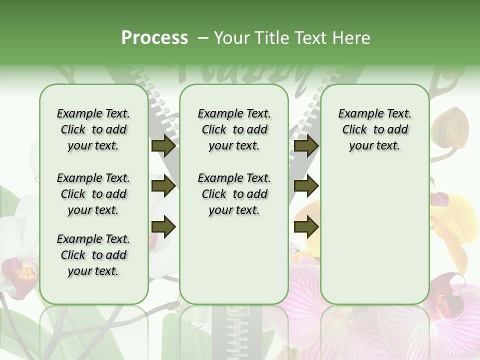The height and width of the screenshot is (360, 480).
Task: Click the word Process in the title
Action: point(154,38)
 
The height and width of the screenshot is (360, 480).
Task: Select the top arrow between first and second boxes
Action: point(163,146)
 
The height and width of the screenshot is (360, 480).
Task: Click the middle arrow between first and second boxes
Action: point(163,186)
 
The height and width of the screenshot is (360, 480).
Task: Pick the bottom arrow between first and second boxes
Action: point(163,227)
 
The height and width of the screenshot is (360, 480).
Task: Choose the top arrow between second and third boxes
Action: point(306,146)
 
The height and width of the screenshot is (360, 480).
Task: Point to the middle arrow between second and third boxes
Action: point(306,186)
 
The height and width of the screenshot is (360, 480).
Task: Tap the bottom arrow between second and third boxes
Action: point(306,227)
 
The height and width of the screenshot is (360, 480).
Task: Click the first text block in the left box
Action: point(93,129)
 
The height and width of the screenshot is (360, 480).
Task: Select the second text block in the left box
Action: point(93,194)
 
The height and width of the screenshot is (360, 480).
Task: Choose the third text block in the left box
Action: point(93,255)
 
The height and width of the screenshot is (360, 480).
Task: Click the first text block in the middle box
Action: point(234,129)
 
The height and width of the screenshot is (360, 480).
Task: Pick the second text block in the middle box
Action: point(234,194)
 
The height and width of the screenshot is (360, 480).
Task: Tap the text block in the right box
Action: point(374,129)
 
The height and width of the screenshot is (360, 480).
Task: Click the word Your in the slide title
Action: point(232,38)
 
